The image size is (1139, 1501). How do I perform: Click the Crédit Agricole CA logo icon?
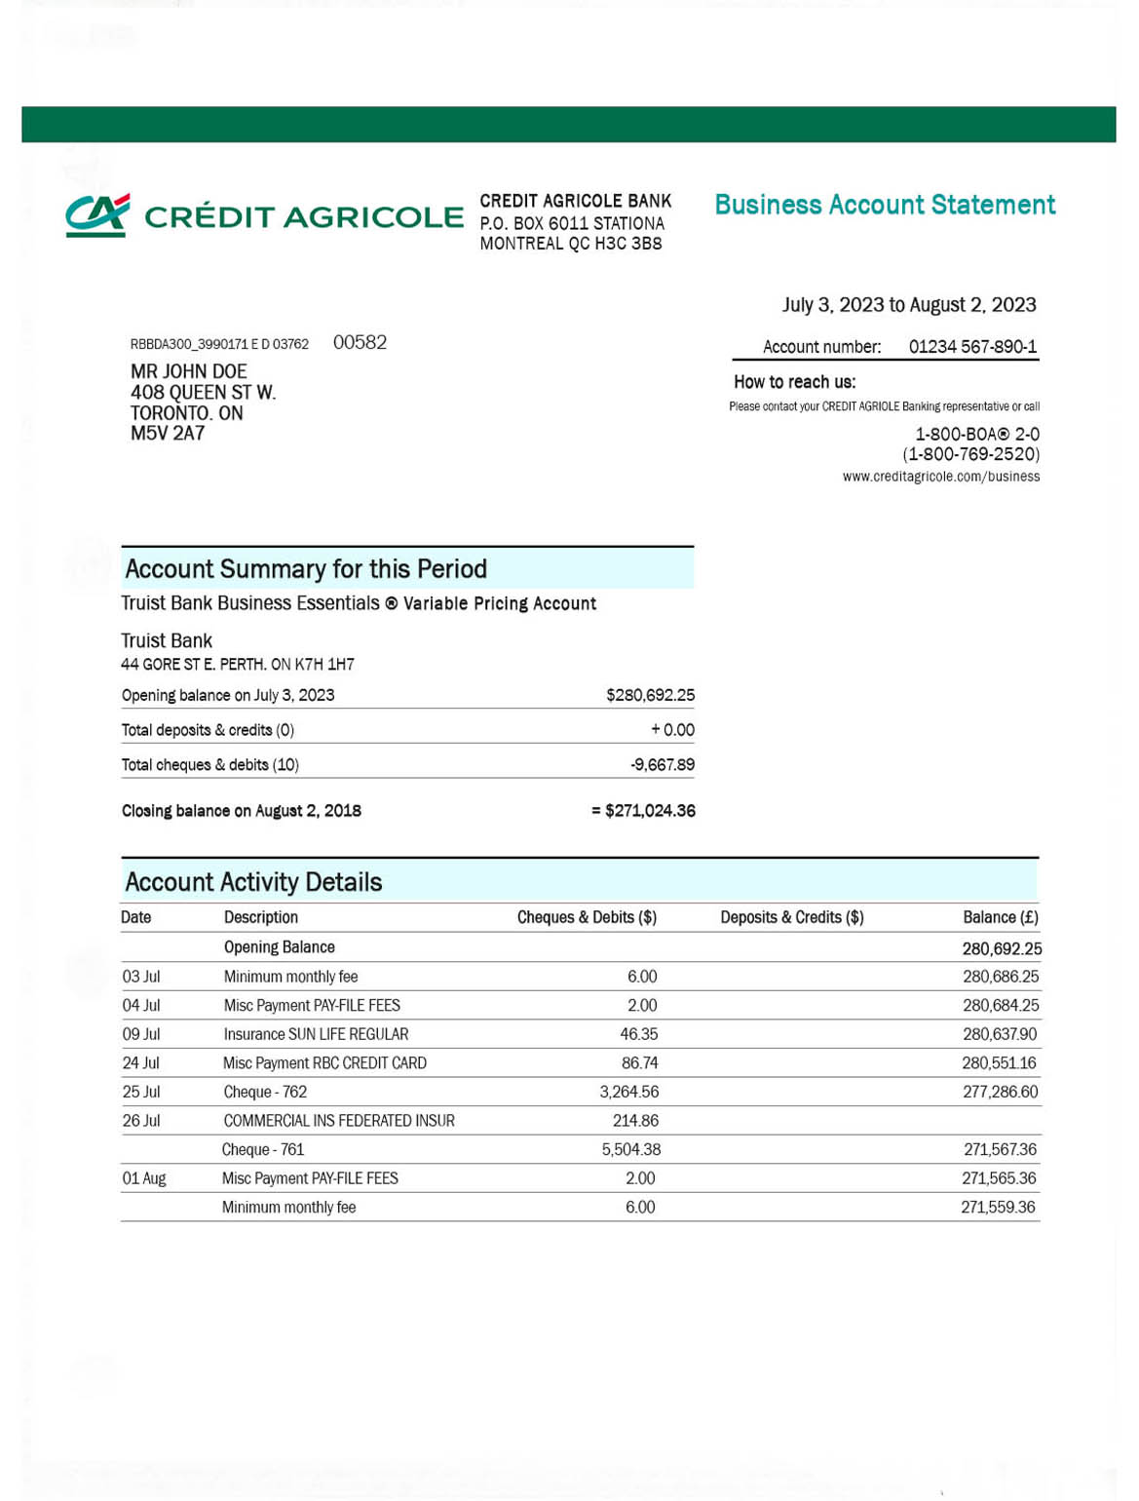tap(97, 215)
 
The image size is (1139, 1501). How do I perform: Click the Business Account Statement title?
tap(884, 205)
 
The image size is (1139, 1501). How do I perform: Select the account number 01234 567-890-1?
tap(971, 347)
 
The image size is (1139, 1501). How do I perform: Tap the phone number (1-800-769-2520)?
tap(970, 454)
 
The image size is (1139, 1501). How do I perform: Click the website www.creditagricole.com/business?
tap(940, 477)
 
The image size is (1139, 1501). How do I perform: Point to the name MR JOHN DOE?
tap(188, 371)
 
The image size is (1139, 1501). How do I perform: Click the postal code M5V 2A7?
tap(167, 434)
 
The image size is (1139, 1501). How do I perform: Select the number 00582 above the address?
tap(360, 342)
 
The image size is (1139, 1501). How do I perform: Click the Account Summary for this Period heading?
tap(305, 569)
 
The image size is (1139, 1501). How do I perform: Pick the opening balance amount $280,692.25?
tap(650, 695)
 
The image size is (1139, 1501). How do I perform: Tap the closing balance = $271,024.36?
tap(643, 811)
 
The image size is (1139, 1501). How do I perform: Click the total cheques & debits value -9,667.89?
tap(662, 765)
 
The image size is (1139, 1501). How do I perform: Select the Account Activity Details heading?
tap(253, 882)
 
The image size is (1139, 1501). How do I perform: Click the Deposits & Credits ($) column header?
tap(791, 917)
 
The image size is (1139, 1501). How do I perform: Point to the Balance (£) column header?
tap(1000, 917)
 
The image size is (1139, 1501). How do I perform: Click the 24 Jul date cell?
tap(140, 1063)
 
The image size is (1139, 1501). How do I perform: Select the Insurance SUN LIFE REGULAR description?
tap(316, 1034)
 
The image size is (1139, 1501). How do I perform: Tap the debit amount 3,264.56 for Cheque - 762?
tap(628, 1092)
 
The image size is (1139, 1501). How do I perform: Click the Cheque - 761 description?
tap(263, 1150)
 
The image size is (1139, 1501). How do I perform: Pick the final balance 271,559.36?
tap(998, 1208)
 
